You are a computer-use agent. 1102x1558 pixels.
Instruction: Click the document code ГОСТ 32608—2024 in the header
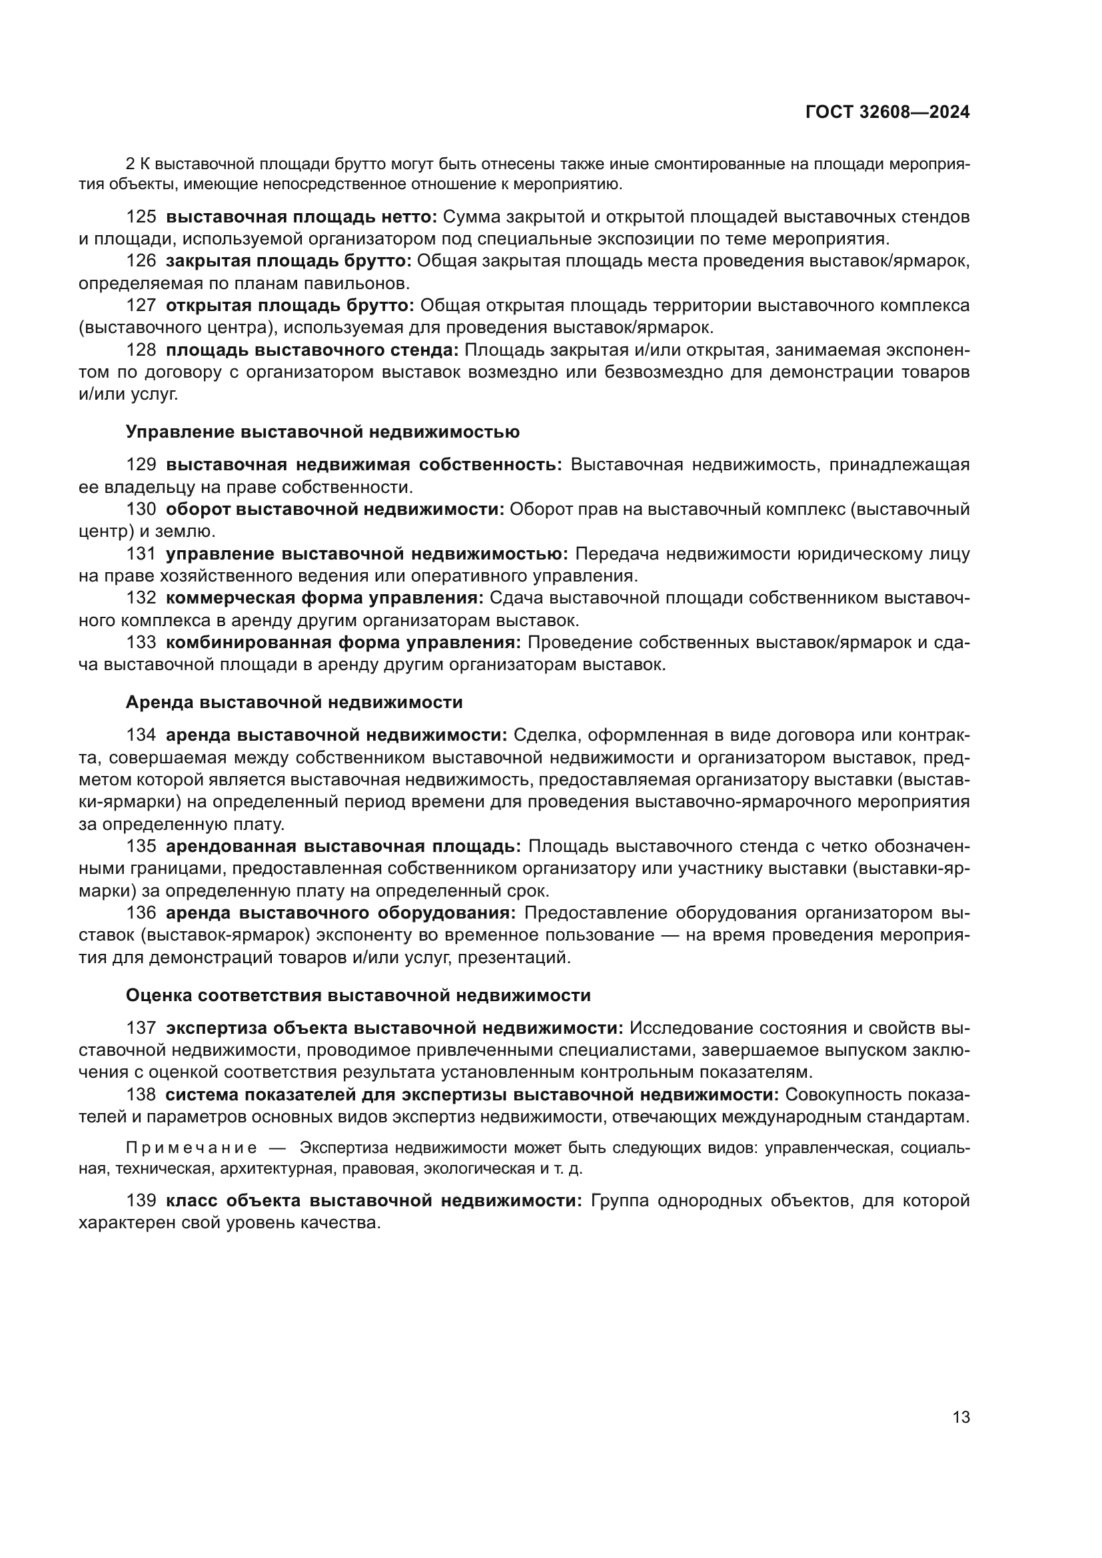coord(887,113)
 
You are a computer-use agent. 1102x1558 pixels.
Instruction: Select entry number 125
coord(141,217)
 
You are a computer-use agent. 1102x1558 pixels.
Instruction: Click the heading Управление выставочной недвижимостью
coord(322,432)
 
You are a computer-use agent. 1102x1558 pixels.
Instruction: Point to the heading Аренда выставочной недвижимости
coord(294,702)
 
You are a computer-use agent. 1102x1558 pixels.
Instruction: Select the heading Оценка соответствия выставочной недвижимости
coord(358,995)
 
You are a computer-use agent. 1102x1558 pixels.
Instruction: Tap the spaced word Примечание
coord(192,1148)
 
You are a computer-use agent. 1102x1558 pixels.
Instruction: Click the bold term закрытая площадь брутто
coord(288,261)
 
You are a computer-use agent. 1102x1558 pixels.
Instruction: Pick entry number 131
coord(141,554)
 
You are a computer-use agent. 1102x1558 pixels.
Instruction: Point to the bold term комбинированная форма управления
coord(343,643)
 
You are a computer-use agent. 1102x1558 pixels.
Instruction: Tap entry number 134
coord(141,735)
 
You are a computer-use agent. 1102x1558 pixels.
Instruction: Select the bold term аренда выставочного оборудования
coord(340,913)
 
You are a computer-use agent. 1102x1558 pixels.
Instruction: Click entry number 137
coord(141,1028)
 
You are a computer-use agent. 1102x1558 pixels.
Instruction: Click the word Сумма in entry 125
coord(466,217)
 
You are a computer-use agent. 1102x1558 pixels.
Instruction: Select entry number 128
coord(141,350)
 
